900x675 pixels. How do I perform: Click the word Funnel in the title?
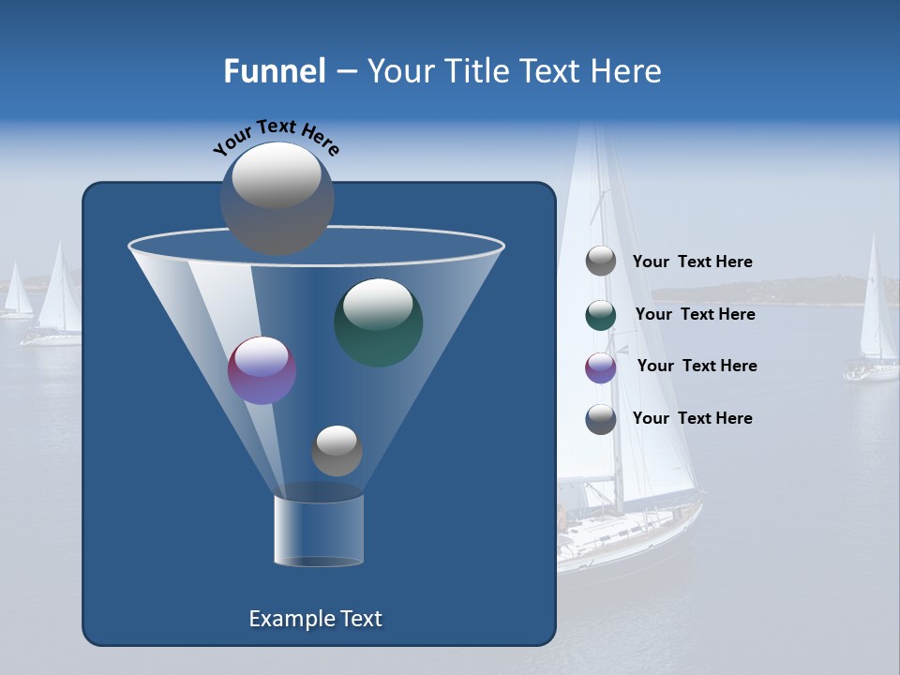click(275, 71)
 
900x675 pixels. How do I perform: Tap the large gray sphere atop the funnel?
click(277, 198)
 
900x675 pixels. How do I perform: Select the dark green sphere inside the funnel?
click(379, 322)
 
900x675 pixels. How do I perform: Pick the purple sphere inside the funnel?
click(262, 370)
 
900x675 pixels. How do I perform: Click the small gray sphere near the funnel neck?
click(337, 451)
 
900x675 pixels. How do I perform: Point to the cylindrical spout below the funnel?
click(319, 530)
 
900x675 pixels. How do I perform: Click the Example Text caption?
click(315, 619)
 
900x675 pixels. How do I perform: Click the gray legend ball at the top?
click(601, 262)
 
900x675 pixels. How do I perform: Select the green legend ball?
click(601, 315)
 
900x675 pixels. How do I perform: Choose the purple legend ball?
click(601, 367)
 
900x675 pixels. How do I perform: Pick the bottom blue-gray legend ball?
click(601, 419)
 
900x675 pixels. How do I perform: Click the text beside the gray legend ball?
click(692, 262)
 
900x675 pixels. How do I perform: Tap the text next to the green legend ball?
click(695, 314)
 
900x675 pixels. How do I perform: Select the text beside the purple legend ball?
click(697, 366)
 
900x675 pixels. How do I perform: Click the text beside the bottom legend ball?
click(692, 418)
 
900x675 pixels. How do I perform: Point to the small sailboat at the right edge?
click(875, 319)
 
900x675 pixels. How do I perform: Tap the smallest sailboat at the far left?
click(17, 295)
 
